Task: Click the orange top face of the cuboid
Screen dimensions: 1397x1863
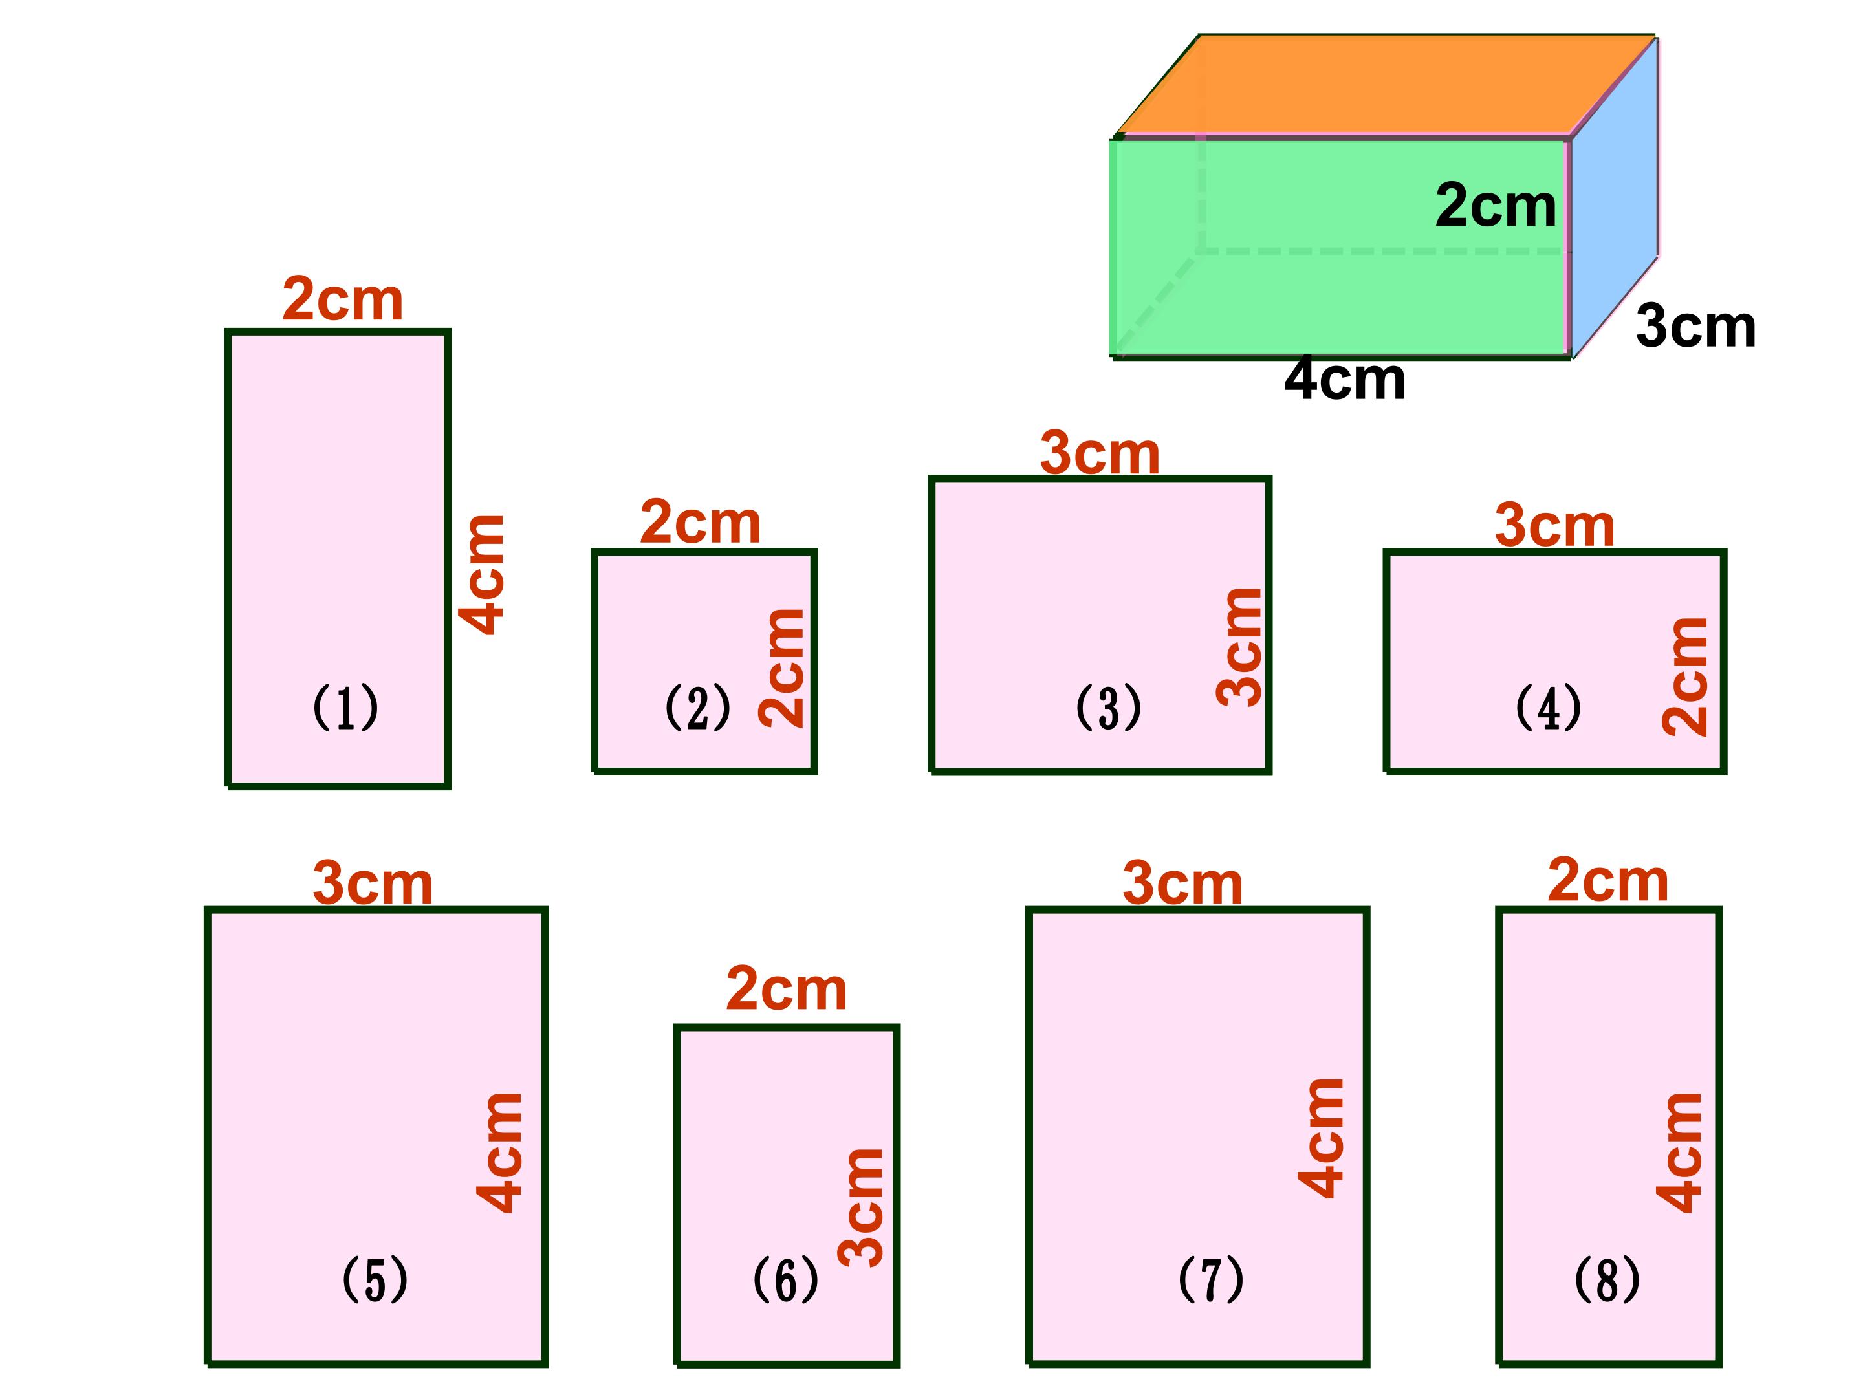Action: (1381, 84)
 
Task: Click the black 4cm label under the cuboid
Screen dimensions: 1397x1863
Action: (1344, 380)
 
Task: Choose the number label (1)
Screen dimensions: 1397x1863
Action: (345, 708)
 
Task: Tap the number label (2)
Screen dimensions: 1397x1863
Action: (697, 708)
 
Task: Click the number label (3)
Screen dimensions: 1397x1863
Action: (1108, 708)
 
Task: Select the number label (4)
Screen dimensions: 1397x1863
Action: (1548, 708)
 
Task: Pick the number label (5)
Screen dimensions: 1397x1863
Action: (375, 1280)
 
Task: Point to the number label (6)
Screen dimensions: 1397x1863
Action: (785, 1280)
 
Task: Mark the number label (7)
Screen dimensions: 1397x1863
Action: (1210, 1280)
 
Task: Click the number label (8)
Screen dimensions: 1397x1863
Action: (1607, 1280)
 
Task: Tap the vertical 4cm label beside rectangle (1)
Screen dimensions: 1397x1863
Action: (482, 574)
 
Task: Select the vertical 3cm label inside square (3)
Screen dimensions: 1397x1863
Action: (1240, 647)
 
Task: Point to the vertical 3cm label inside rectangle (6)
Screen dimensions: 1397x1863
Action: (861, 1207)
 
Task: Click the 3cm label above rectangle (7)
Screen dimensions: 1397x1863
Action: (1182, 884)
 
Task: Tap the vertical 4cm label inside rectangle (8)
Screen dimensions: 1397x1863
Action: (1679, 1152)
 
